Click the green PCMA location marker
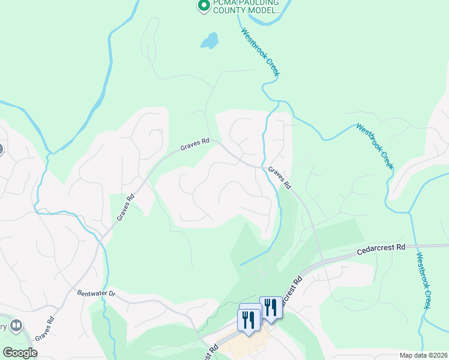[203, 6]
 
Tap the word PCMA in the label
[224, 2]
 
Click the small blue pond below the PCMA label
[209, 41]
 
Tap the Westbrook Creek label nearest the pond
[261, 52]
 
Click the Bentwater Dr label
[95, 295]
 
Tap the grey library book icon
[16, 326]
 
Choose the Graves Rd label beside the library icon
[44, 329]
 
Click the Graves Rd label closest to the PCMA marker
[195, 145]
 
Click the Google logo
[20, 353]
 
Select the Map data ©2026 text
[423, 355]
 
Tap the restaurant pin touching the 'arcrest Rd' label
[271, 308]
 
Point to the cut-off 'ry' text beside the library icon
[3, 327]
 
